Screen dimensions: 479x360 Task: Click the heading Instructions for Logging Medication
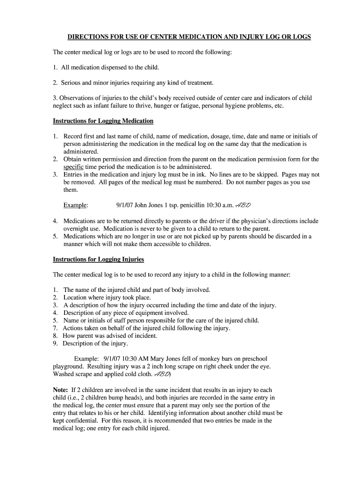(x=103, y=121)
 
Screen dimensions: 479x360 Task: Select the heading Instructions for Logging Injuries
(x=98, y=259)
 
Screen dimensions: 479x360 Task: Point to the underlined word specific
(x=73, y=167)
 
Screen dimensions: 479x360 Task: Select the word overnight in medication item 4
(x=78, y=229)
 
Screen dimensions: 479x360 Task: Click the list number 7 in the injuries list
(x=55, y=328)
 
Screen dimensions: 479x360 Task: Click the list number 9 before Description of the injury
(x=55, y=343)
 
